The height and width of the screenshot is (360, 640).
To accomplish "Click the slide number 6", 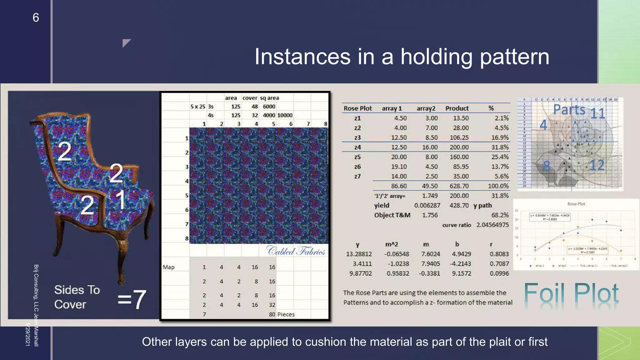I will (x=36, y=17).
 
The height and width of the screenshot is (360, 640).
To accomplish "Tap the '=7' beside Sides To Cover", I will (x=132, y=299).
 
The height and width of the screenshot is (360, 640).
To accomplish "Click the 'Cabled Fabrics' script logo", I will (x=296, y=251).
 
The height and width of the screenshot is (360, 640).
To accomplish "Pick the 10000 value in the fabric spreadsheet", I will (x=285, y=115).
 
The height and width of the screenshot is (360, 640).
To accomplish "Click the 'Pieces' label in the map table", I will (x=286, y=314).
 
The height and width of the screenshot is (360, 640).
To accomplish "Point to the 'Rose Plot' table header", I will (x=357, y=108).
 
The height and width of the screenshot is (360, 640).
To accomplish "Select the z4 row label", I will (x=357, y=147).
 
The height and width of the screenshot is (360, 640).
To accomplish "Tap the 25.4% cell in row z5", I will (x=500, y=157).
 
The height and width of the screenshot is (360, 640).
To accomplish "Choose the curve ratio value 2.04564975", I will (x=492, y=225).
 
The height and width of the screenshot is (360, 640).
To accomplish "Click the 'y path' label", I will (x=482, y=206).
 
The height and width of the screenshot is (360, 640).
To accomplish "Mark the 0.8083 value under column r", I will (x=499, y=254).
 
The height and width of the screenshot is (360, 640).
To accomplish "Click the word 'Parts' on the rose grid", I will (x=569, y=110).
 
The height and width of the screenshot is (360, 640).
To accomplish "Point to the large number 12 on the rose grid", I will (x=597, y=165).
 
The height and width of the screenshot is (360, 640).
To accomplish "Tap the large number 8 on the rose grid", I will (x=546, y=166).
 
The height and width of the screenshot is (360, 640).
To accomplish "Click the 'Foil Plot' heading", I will (x=571, y=294).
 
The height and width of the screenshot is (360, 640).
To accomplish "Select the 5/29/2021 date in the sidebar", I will (x=28, y=334).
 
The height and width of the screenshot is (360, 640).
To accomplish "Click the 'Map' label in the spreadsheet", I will (x=168, y=267).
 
